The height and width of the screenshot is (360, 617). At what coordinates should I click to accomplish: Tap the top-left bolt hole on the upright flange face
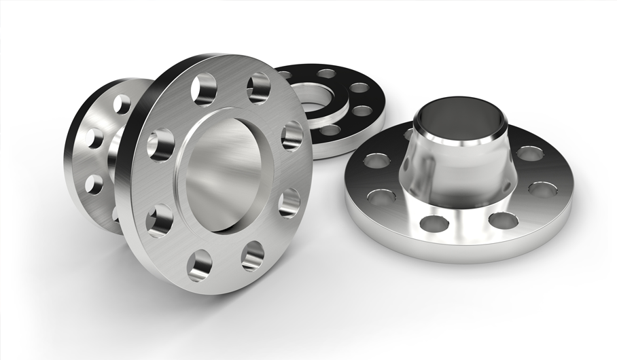click(203, 88)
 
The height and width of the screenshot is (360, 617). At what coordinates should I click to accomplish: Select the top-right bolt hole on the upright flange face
click(258, 88)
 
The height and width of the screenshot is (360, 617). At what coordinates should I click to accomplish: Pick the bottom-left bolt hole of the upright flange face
click(200, 265)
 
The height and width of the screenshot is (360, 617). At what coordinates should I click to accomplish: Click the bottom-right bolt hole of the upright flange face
click(253, 255)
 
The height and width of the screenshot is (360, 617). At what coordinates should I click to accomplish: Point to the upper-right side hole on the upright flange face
click(292, 136)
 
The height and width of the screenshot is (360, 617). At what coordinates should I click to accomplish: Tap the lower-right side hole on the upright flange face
click(289, 202)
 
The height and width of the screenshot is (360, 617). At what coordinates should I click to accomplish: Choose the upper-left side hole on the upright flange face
click(160, 144)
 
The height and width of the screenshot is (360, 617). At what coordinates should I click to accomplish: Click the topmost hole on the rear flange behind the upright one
click(121, 104)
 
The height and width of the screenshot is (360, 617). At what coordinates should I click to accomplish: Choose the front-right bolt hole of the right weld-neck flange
click(503, 220)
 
